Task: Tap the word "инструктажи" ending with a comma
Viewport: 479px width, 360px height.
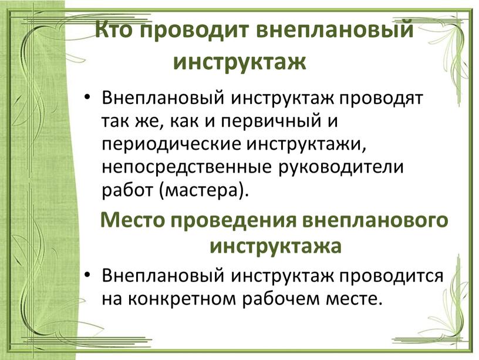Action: [x=306, y=145]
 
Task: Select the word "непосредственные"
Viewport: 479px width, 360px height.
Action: [x=187, y=168]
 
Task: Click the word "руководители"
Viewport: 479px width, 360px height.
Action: [x=340, y=168]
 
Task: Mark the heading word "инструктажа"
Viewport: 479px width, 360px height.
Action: [x=275, y=247]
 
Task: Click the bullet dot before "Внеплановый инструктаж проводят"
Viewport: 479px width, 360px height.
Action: [x=87, y=99]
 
